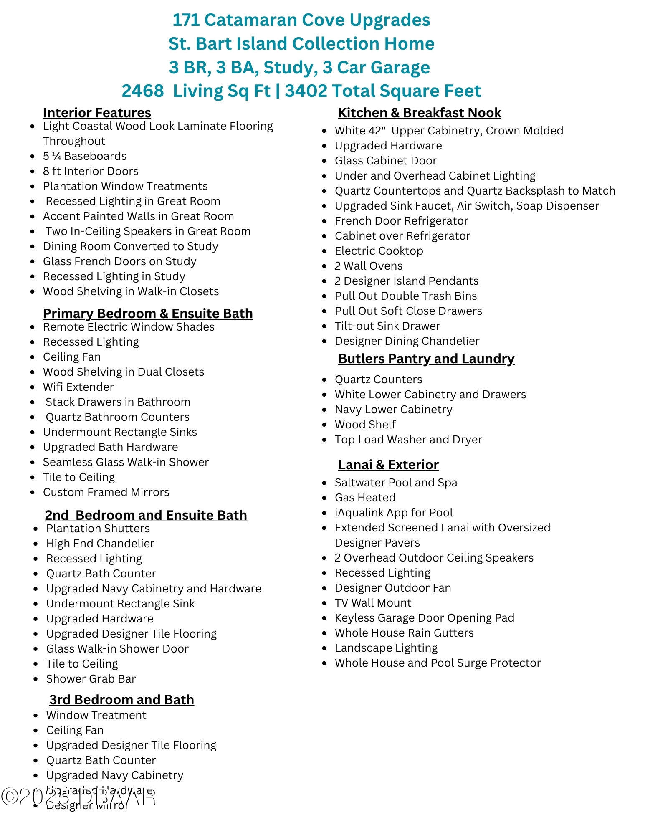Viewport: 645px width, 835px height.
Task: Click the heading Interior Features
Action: [x=97, y=113]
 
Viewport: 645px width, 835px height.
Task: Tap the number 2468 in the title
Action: [x=142, y=91]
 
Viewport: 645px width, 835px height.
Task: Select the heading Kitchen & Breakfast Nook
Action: [x=419, y=113]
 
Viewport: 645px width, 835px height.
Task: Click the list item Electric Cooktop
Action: [x=379, y=251]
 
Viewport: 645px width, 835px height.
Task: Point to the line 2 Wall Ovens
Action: [x=368, y=266]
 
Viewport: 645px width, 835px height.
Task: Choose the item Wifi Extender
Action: [x=78, y=387]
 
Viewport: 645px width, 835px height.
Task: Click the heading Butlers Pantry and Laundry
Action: [x=426, y=359]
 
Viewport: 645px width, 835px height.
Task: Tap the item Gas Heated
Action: [x=365, y=498]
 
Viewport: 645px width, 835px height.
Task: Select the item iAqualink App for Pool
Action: [x=393, y=513]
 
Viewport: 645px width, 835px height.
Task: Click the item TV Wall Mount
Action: [x=373, y=603]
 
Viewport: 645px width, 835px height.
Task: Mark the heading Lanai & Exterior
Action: [x=388, y=465]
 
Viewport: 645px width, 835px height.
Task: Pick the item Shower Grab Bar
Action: [x=91, y=679]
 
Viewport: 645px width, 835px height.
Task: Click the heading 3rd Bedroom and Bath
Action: [x=121, y=700]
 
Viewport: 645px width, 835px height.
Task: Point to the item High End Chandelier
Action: [x=100, y=544]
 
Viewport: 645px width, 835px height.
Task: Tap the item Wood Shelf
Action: [x=365, y=425]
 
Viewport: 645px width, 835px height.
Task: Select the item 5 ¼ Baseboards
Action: [x=84, y=156]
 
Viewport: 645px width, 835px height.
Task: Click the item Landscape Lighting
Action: [x=386, y=648]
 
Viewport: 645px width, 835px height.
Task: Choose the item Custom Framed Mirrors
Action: [x=106, y=492]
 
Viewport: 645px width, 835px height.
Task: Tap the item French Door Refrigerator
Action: [x=401, y=221]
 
